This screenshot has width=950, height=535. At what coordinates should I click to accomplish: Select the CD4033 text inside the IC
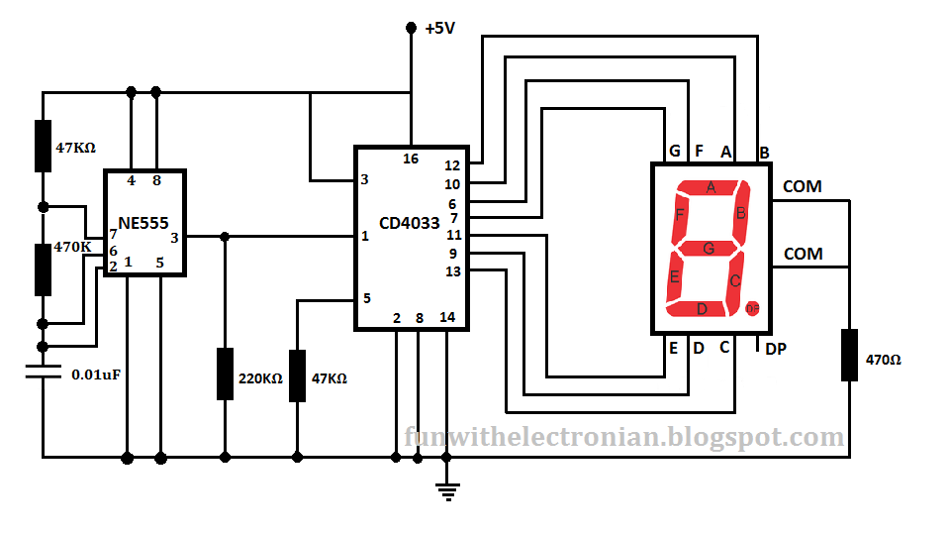(x=409, y=222)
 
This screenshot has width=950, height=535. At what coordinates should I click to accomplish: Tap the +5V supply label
(x=439, y=29)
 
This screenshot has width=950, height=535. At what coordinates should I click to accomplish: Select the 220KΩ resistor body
(x=225, y=374)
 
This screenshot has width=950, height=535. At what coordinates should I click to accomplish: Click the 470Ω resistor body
(x=850, y=355)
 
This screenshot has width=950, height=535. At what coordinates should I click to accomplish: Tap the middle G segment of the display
(x=709, y=248)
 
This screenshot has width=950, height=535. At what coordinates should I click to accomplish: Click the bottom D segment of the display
(x=703, y=309)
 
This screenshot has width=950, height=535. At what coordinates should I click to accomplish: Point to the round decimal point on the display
(x=752, y=309)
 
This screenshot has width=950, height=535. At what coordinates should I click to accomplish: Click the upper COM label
(x=802, y=186)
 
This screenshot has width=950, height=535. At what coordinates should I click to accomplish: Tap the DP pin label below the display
(x=777, y=349)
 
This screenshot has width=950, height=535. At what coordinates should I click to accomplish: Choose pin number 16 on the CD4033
(x=411, y=159)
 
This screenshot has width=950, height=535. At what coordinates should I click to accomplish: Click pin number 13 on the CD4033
(x=452, y=271)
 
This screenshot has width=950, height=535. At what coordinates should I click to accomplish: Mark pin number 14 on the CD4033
(x=447, y=318)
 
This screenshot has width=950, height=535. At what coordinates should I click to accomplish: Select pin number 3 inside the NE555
(x=174, y=237)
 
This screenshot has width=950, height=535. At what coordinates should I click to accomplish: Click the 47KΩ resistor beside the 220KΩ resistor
(x=297, y=375)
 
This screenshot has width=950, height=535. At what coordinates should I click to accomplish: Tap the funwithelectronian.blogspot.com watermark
(x=624, y=437)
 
